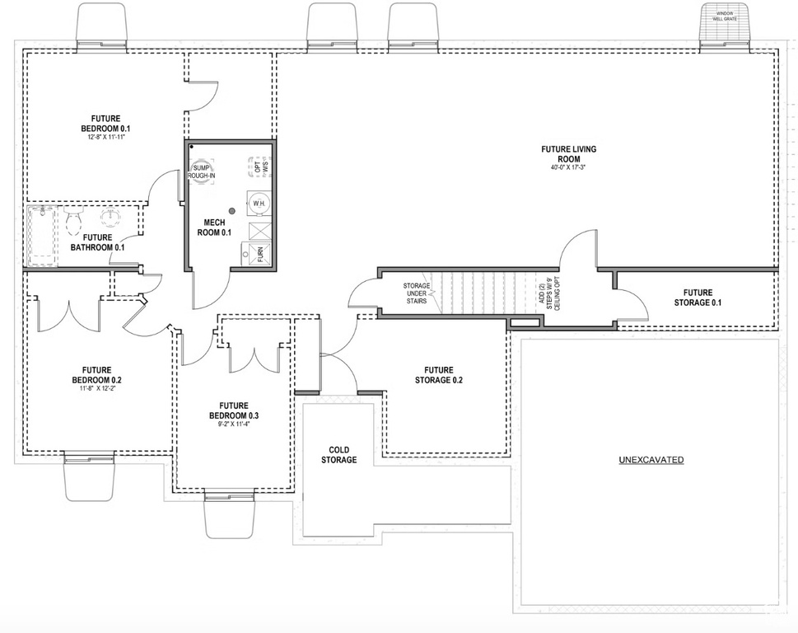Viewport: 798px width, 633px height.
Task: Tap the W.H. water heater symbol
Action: pyautogui.click(x=258, y=203)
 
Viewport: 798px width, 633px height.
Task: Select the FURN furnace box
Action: pyautogui.click(x=258, y=255)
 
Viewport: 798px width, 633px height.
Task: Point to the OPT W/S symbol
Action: pyautogui.click(x=259, y=166)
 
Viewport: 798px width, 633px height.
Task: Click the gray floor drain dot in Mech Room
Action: pyautogui.click(x=233, y=212)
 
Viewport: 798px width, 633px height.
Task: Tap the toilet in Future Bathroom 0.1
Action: pyautogui.click(x=73, y=218)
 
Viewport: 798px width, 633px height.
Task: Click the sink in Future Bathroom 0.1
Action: pyautogui.click(x=110, y=218)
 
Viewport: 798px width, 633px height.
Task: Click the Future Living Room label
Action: pyautogui.click(x=568, y=154)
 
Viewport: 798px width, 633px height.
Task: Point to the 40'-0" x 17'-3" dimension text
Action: pyautogui.click(x=568, y=169)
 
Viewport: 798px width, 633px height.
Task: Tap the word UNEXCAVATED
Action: pyautogui.click(x=651, y=460)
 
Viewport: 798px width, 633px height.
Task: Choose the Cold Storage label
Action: pyautogui.click(x=338, y=455)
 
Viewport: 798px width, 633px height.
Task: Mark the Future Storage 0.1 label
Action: pyautogui.click(x=697, y=298)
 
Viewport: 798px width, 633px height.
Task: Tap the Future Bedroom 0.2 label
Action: pyautogui.click(x=102, y=375)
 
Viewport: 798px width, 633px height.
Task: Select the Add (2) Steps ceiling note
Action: pyautogui.click(x=548, y=293)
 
